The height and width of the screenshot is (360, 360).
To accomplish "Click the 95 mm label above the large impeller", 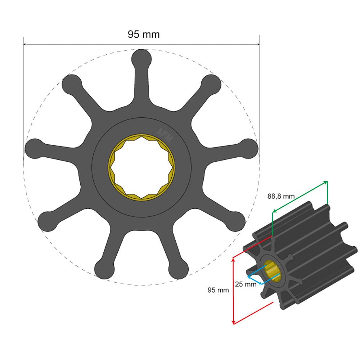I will (x=144, y=35).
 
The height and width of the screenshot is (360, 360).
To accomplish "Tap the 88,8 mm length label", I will (x=281, y=196).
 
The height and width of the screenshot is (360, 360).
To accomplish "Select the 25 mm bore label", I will (x=246, y=284).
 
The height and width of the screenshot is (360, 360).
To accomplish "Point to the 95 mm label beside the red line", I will (x=218, y=290).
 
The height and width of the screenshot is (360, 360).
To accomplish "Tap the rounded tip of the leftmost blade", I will (x=34, y=148).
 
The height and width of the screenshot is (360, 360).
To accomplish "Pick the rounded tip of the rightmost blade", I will (x=249, y=148).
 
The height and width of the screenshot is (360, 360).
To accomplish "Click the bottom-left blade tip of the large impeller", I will (x=47, y=220).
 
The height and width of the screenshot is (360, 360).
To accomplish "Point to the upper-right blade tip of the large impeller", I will (x=211, y=84).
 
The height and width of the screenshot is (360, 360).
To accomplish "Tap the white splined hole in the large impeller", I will (x=141, y=167).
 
